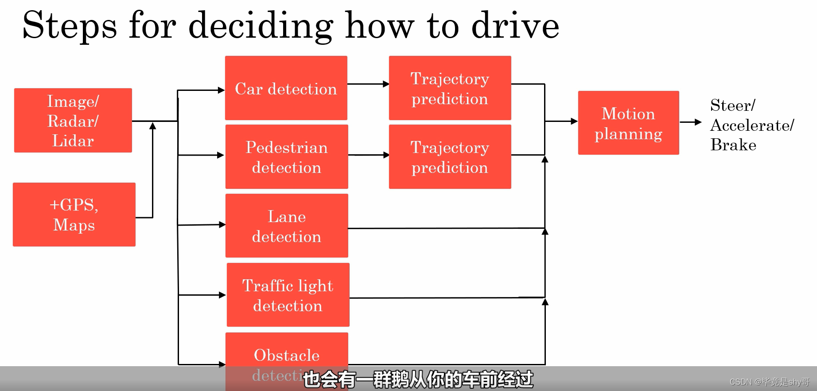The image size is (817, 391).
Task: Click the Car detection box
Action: tap(286, 88)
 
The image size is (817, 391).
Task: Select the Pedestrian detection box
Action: tap(287, 156)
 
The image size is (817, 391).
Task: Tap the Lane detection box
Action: tap(287, 226)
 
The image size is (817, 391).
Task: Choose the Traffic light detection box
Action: tap(288, 295)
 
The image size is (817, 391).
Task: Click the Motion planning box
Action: tap(628, 123)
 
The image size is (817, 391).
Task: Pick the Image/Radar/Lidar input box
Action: tap(73, 120)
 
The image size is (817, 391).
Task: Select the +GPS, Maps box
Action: tap(74, 215)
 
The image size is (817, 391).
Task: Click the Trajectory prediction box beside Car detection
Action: tap(450, 88)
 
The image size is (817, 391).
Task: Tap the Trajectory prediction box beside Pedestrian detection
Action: tap(450, 156)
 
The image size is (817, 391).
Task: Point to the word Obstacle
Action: tap(287, 355)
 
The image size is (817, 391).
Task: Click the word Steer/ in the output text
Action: tap(732, 106)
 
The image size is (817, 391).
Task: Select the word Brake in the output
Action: tap(733, 145)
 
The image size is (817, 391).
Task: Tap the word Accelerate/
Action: tap(752, 125)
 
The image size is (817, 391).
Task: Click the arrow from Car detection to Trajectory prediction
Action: tap(368, 84)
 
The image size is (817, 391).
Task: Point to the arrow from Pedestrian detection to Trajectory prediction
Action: tap(368, 155)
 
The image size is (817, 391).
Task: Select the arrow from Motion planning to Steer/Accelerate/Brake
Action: tap(690, 122)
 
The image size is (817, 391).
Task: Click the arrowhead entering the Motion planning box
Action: tap(574, 121)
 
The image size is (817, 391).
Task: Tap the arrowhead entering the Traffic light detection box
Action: tap(222, 295)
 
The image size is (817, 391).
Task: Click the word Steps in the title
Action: tap(70, 26)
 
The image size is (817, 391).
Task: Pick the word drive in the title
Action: tap(515, 26)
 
